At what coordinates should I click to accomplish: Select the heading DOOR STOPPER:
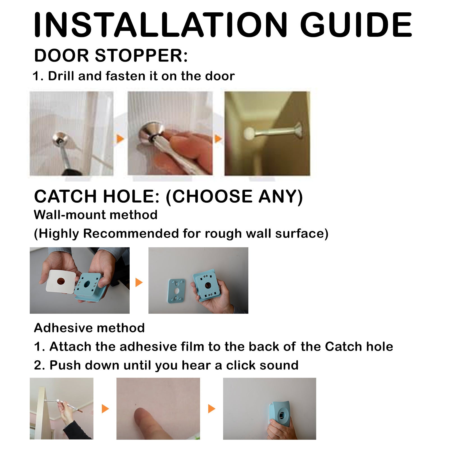point(111,56)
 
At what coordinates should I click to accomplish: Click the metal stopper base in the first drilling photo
point(60,139)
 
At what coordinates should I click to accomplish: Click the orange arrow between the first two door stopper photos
point(120,139)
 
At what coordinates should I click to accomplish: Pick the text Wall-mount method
point(95,215)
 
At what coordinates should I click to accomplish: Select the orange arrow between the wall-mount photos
point(139,282)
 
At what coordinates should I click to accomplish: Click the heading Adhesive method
point(89,328)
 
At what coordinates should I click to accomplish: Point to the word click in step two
point(241,365)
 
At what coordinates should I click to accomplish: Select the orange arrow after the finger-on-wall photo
point(212,409)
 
